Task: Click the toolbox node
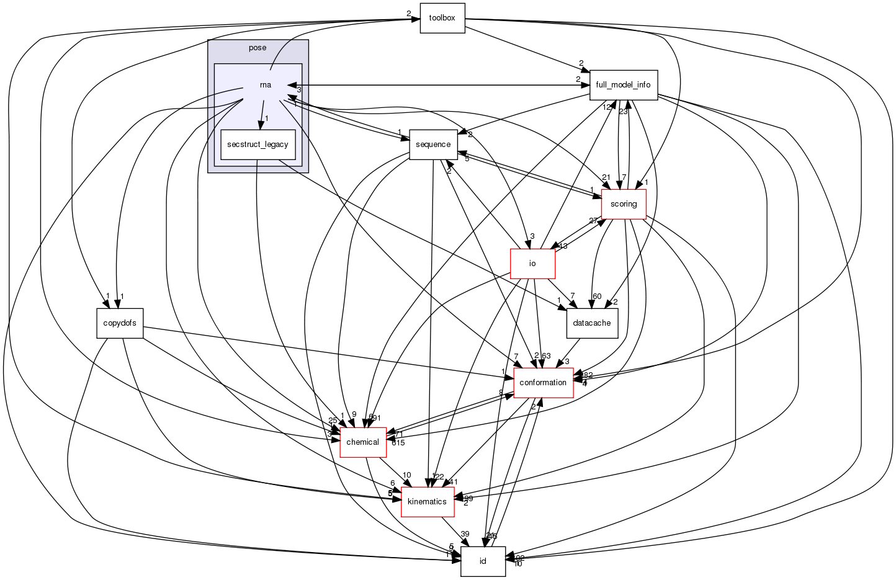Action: [x=442, y=18]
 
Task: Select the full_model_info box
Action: [x=623, y=85]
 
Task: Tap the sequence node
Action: [x=433, y=145]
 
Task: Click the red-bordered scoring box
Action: [x=624, y=204]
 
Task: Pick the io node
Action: [x=532, y=264]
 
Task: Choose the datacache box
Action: [x=592, y=323]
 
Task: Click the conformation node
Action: [x=543, y=383]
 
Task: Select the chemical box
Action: [x=362, y=442]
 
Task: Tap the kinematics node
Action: [x=427, y=502]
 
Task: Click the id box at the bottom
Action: [x=483, y=561]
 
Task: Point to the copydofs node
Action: [x=120, y=323]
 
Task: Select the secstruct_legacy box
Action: [x=258, y=145]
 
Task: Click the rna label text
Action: [x=265, y=85]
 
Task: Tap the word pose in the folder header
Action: [x=258, y=48]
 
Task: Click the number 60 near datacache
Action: [x=597, y=296]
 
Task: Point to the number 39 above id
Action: [x=465, y=534]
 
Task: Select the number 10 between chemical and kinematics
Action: [x=406, y=475]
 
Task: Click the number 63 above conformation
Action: [x=546, y=355]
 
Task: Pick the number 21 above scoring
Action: [x=606, y=178]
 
